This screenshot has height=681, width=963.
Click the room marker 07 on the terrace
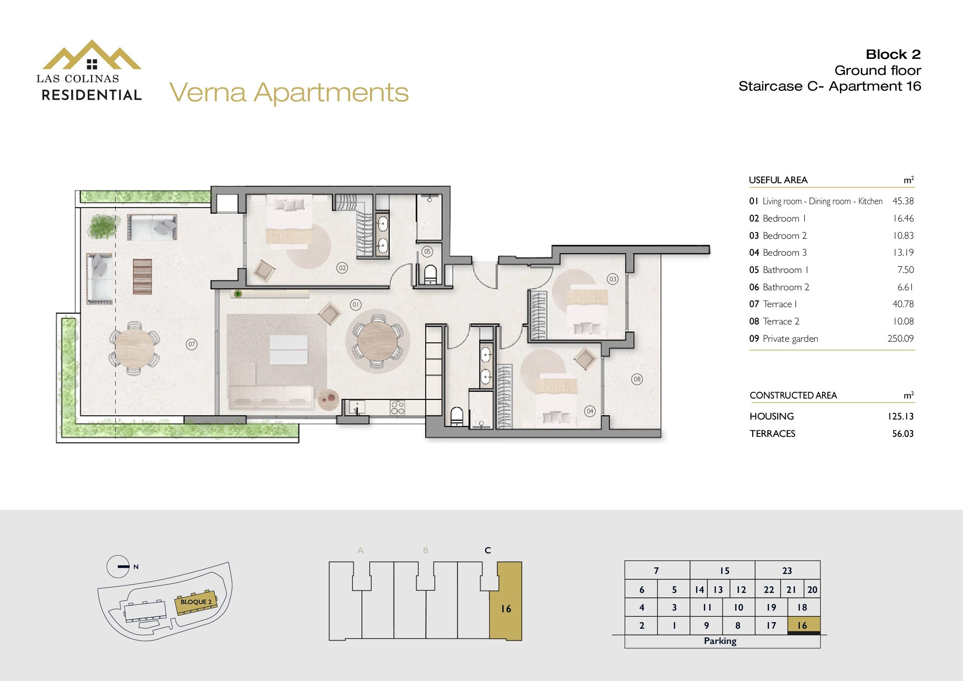(192, 344)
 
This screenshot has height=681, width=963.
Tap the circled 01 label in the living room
(356, 304)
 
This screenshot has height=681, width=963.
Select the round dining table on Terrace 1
(134, 347)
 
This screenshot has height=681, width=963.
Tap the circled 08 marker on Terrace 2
(637, 380)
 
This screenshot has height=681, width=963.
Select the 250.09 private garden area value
(900, 338)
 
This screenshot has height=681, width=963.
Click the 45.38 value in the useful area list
(903, 201)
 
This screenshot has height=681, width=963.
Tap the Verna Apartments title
(289, 93)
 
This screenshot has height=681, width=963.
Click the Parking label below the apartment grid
(720, 641)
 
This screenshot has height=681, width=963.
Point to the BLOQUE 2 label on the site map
(196, 602)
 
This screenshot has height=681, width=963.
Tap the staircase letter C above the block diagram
(488, 550)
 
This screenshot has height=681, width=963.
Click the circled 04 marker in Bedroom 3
(590, 411)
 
